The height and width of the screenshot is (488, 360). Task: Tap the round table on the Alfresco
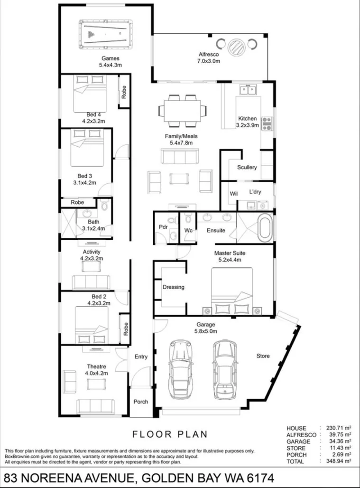236,47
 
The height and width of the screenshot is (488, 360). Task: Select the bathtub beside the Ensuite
265,227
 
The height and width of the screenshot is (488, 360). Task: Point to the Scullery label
247,167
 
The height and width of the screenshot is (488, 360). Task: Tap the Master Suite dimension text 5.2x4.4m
230,260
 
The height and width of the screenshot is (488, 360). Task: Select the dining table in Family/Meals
182,111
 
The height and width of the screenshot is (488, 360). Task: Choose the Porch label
140,402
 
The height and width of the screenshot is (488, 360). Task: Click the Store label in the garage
263,356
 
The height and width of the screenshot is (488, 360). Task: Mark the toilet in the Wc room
188,219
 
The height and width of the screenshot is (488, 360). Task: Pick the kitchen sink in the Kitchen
248,89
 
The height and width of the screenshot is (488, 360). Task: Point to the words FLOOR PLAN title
170,434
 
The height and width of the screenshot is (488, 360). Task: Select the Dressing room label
173,287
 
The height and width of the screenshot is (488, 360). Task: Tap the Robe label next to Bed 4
124,92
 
